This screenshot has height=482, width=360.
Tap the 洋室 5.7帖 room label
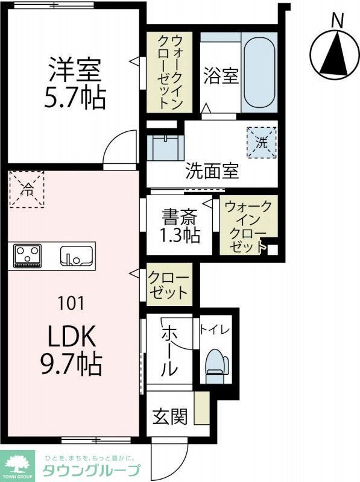pos(75,83)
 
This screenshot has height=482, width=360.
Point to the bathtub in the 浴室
pos(259,75)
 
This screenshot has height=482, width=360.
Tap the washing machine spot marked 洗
pos(261,143)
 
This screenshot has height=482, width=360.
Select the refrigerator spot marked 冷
pos(27,189)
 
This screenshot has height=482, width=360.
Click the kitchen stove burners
pos(27,255)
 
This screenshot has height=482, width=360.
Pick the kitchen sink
pos(76,255)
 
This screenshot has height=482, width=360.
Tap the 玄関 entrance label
pos(169,416)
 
